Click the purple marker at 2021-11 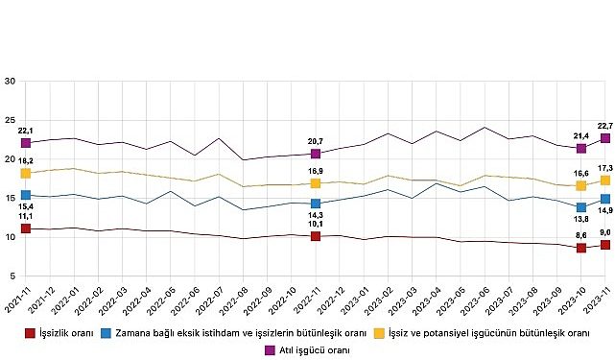coord(26,143)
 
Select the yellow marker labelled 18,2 coord(26,173)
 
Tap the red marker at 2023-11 coord(605,245)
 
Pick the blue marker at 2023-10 coord(581,207)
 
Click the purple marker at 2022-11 coord(316,154)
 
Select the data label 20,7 coord(316,140)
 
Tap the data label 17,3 coord(603,167)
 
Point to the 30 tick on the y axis coord(9,82)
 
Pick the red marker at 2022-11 coord(316,236)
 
